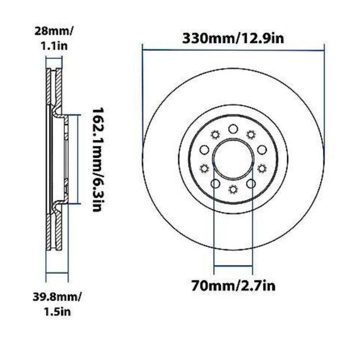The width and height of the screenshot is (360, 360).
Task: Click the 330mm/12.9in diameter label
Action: click(x=233, y=38)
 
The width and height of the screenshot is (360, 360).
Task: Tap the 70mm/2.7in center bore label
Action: click(x=233, y=285)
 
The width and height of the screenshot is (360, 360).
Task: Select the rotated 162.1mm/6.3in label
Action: click(x=98, y=160)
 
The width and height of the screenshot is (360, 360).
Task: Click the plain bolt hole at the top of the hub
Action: click(x=233, y=129)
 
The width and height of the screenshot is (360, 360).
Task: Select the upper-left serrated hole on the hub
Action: click(x=214, y=134)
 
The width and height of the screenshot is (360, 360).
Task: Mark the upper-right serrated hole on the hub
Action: click(x=251, y=134)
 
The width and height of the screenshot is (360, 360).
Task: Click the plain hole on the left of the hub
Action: click(x=203, y=150)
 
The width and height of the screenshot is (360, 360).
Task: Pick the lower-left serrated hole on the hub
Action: click(x=204, y=168)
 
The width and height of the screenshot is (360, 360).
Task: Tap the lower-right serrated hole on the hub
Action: click(x=261, y=168)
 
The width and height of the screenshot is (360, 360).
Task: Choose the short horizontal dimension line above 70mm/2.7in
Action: click(x=233, y=266)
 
